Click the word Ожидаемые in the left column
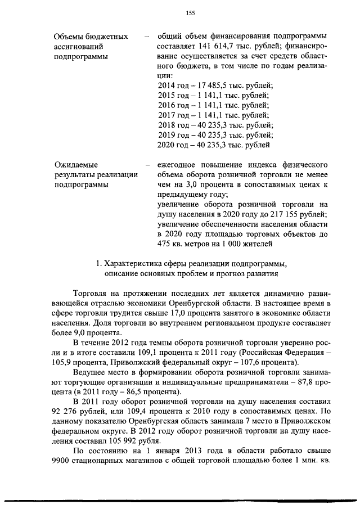point(75,165)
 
